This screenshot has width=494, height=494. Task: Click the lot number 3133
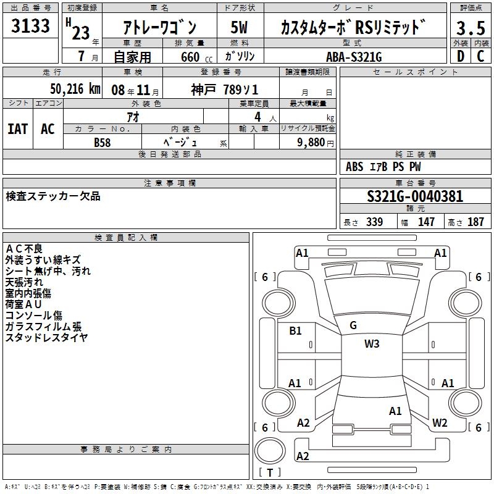(x=30, y=25)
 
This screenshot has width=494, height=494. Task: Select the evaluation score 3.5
(x=471, y=28)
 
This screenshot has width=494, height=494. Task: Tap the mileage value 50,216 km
(x=75, y=89)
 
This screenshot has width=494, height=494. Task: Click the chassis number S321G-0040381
(x=415, y=196)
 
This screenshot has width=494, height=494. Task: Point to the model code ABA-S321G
(x=354, y=57)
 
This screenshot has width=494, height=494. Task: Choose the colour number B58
(x=103, y=143)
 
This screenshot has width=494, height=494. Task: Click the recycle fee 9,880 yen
(x=316, y=143)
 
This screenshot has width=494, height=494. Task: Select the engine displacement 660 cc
(x=196, y=57)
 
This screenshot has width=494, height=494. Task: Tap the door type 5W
(x=239, y=27)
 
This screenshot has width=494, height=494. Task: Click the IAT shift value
(x=18, y=129)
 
